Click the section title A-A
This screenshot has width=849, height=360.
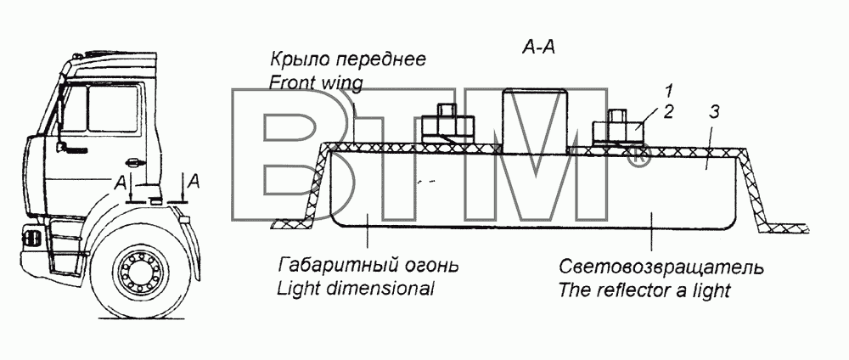pyautogui.click(x=539, y=48)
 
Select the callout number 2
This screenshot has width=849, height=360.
pyautogui.click(x=669, y=112)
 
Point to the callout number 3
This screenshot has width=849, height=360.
pyautogui.click(x=715, y=113)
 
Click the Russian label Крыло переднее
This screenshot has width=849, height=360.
pyautogui.click(x=347, y=60)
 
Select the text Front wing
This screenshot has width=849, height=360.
pyautogui.click(x=316, y=83)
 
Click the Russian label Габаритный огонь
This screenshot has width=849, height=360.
pyautogui.click(x=368, y=267)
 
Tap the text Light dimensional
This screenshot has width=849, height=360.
pyautogui.click(x=356, y=289)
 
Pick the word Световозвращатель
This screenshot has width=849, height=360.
pyautogui.click(x=661, y=267)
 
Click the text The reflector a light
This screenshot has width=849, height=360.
pyautogui.click(x=644, y=290)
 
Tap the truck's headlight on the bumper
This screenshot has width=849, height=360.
pyautogui.click(x=32, y=237)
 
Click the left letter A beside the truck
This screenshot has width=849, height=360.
pyautogui.click(x=121, y=183)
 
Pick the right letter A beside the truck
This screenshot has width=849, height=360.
pyautogui.click(x=194, y=182)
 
